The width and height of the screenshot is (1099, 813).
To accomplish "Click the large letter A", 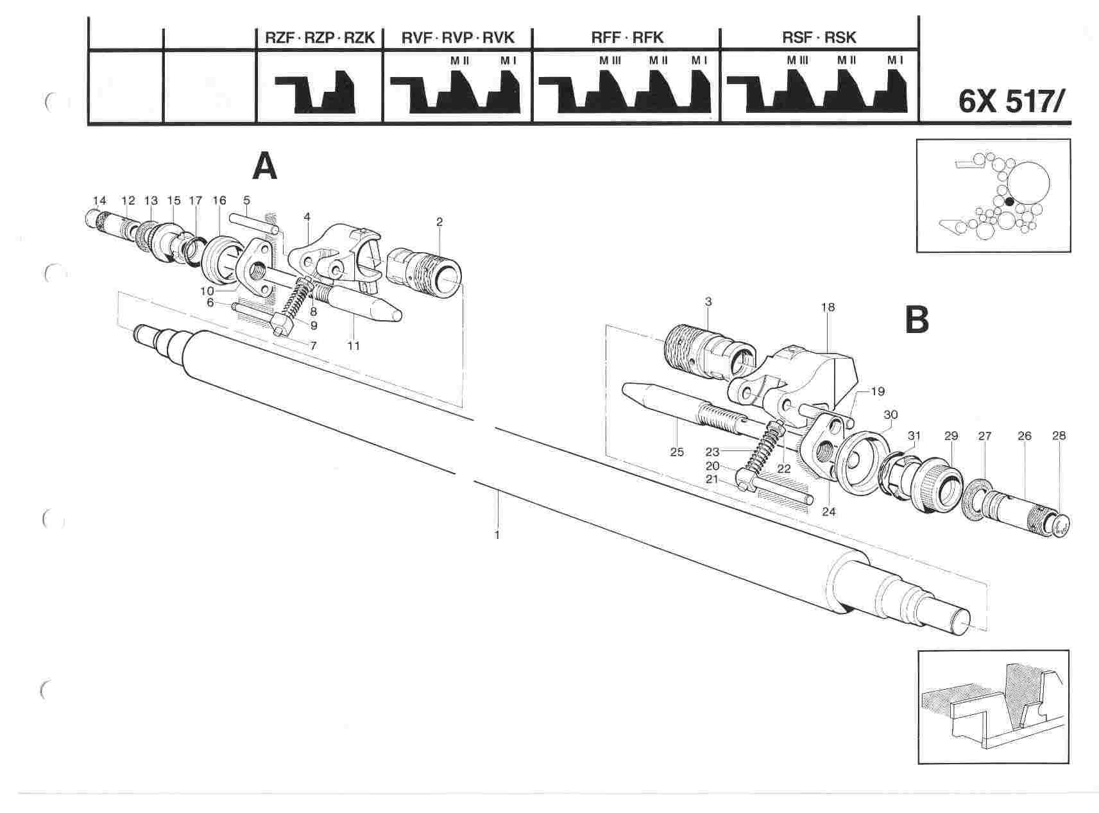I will coord(264,166).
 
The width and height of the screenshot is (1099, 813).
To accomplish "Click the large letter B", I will coord(917,320).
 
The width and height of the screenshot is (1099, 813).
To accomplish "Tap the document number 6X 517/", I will coord(1014,103).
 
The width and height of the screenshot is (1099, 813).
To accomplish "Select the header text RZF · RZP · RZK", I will coord(319,38).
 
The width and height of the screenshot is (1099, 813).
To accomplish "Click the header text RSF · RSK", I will coord(819,38).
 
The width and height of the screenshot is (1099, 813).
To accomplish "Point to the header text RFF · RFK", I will coord(626,38).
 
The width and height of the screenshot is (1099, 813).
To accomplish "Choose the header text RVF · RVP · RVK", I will coord(457,38).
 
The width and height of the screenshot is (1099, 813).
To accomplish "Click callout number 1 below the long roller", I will coord(497,534).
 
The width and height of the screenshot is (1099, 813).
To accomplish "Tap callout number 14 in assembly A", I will coord(99,201).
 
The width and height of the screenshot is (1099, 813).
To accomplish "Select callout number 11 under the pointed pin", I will coord(354,346).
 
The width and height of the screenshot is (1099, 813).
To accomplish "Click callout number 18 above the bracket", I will coord(828,307).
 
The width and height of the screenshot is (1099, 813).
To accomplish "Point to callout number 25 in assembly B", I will coord(677,452).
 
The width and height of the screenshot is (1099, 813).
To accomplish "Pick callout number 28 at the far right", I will coord(1059,436).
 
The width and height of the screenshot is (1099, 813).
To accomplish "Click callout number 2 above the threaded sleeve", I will coord(439,222).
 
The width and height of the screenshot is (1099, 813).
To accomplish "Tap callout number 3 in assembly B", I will coord(708,302).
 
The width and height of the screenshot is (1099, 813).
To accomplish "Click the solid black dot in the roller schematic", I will coord(1009,201).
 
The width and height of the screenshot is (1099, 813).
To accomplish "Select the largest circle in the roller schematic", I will coord(1027,184).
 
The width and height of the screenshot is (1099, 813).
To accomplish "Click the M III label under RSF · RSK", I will coord(798,60).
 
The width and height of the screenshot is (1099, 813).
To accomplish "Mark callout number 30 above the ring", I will coord(890,414).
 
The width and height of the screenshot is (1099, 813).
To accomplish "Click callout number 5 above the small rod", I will coord(246,201).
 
